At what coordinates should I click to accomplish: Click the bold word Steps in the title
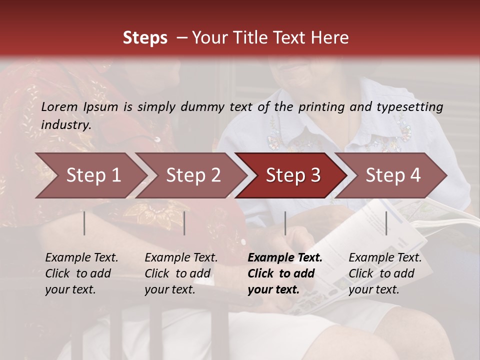[x=145, y=38]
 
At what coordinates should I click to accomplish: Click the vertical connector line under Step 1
[x=84, y=223]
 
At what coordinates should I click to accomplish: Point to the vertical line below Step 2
[x=184, y=223]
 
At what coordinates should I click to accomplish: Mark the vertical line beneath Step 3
[x=285, y=223]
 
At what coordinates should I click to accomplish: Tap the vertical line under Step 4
[x=386, y=223]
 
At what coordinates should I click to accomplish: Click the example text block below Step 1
[x=81, y=273]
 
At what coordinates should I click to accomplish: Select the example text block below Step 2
[x=181, y=273]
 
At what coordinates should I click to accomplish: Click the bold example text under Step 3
[x=285, y=273]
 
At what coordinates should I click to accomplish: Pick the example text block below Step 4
[x=385, y=273]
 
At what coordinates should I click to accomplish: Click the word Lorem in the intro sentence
[x=59, y=106]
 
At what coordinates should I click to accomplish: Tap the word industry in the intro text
[x=65, y=125]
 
